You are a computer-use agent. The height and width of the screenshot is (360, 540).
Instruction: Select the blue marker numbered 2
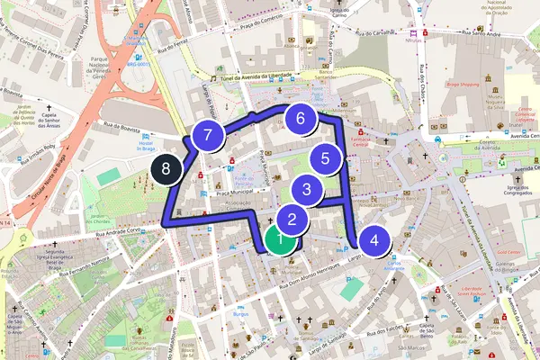tap(292, 218)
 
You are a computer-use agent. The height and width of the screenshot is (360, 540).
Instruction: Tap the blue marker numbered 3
tap(307, 190)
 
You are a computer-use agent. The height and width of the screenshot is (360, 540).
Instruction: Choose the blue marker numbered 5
tap(325, 158)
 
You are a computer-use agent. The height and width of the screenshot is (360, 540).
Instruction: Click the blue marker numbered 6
tap(301, 117)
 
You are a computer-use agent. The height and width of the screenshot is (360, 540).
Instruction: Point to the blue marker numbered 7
tap(208, 137)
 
